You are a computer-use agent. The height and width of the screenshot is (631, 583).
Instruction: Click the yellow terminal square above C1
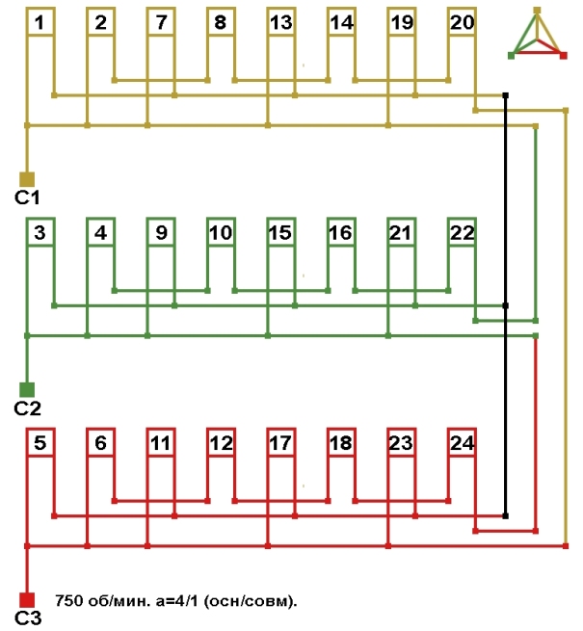(27, 178)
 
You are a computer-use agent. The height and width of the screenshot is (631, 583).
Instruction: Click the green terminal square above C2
(27, 388)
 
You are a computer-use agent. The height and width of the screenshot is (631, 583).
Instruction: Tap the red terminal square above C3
(27, 598)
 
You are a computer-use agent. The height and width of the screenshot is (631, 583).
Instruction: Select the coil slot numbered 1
(40, 22)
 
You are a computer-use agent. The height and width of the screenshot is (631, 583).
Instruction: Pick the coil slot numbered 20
(462, 22)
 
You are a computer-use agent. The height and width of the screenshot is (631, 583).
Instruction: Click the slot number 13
(280, 22)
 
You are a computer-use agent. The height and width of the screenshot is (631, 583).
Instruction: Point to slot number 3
(40, 232)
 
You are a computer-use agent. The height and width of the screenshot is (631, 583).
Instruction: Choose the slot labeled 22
(462, 232)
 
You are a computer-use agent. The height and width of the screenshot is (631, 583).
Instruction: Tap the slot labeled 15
(280, 232)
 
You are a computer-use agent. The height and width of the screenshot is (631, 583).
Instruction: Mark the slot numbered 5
(40, 443)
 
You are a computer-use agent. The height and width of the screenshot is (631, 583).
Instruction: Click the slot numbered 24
(462, 443)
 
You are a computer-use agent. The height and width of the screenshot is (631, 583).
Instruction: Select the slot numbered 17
(280, 443)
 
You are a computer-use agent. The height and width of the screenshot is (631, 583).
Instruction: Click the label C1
(26, 197)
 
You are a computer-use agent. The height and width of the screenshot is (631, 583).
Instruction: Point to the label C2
(26, 408)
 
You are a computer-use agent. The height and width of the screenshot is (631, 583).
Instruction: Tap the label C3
(26, 618)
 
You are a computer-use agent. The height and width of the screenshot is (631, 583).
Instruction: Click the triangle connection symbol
(538, 37)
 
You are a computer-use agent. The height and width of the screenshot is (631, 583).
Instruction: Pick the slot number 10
(221, 232)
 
